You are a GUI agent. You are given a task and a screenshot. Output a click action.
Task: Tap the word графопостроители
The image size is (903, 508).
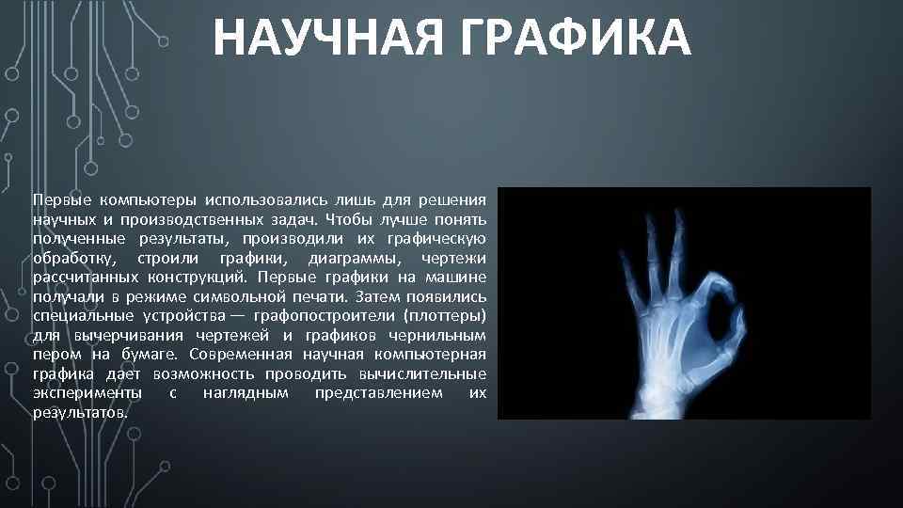tap(309, 315)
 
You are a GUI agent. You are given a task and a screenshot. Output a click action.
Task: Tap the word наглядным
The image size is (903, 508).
tap(246, 392)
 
